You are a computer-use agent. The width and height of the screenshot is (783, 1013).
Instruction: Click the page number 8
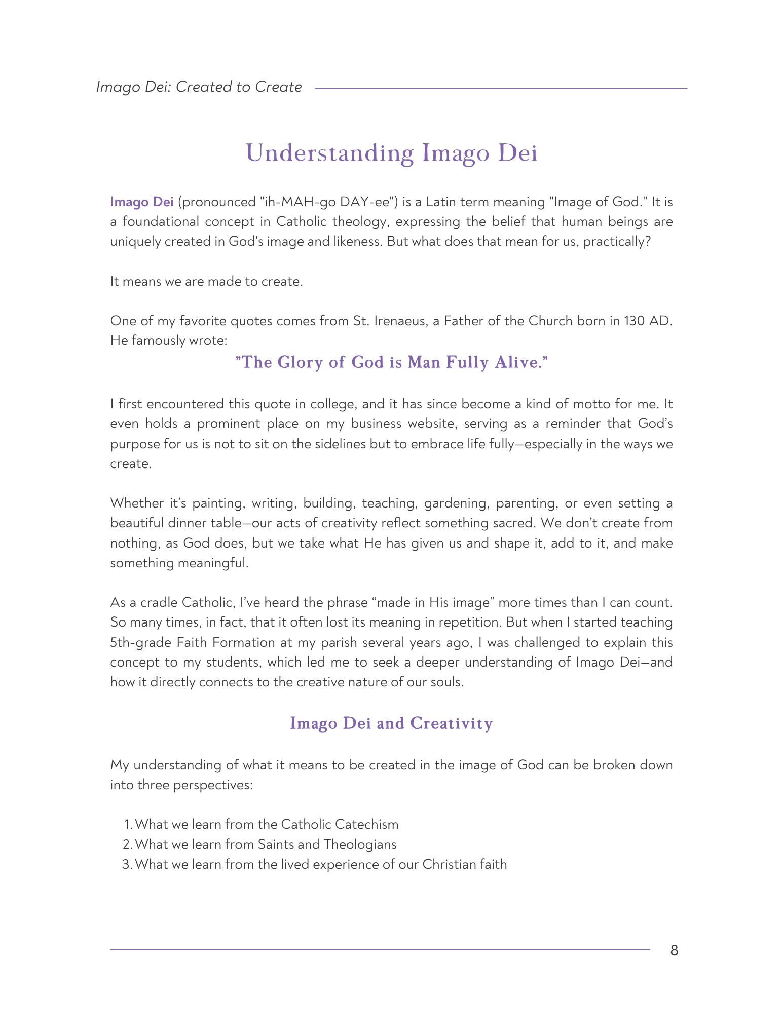(x=674, y=950)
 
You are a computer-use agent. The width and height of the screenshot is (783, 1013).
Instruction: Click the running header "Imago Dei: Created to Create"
(x=199, y=87)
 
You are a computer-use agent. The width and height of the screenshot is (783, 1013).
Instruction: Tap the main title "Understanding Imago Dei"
(x=391, y=153)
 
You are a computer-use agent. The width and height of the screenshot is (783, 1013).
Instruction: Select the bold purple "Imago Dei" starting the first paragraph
(x=142, y=202)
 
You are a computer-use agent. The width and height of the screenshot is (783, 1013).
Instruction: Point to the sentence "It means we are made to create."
(x=206, y=281)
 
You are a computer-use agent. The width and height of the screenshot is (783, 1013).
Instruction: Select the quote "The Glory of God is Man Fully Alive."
(x=392, y=363)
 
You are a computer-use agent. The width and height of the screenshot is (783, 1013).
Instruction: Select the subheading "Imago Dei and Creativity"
(x=391, y=723)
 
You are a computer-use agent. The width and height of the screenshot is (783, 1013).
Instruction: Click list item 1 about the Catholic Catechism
(x=266, y=824)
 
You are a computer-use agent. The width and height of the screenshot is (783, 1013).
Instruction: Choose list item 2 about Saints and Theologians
(x=265, y=844)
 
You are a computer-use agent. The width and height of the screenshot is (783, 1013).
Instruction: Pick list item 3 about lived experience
(x=320, y=864)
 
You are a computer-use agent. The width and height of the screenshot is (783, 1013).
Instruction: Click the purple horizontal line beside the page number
(x=380, y=949)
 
